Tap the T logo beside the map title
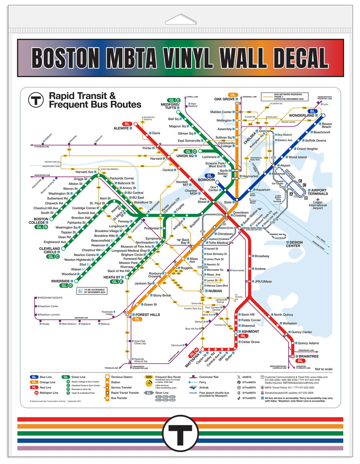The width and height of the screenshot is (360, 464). [36, 100]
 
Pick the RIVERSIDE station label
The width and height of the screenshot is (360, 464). [60, 281]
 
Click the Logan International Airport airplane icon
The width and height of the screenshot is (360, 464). [317, 199]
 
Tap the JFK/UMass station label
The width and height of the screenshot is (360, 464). [263, 281]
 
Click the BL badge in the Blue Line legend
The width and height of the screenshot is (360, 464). [34, 377]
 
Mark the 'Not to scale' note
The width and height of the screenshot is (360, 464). [324, 369]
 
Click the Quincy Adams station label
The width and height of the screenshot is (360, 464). [308, 343]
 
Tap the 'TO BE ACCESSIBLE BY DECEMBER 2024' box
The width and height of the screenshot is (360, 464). [94, 291]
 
